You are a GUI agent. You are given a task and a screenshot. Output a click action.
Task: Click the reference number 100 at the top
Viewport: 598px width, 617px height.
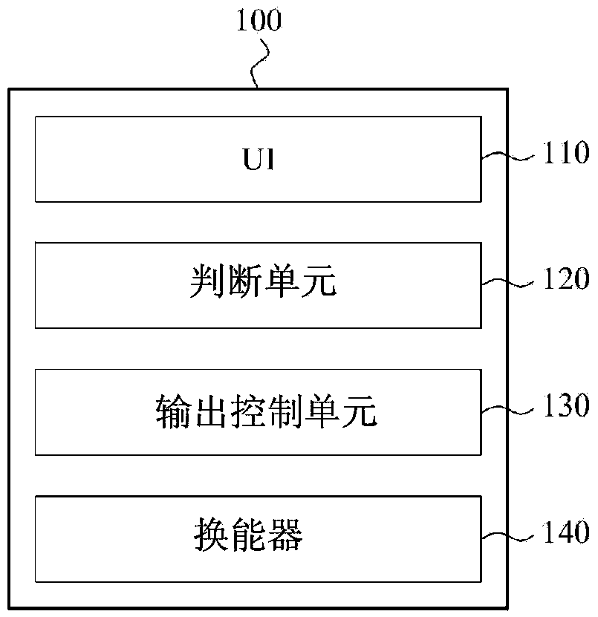259,21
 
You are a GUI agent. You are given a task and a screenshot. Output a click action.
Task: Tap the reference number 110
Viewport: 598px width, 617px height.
566,152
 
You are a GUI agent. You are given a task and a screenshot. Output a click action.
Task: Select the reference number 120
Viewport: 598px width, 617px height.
566,278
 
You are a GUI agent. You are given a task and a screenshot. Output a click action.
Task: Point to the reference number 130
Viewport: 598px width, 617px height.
566,405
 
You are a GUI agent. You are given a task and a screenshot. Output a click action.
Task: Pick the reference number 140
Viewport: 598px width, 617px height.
566,532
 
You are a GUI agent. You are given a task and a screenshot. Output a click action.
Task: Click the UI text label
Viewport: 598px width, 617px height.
259,160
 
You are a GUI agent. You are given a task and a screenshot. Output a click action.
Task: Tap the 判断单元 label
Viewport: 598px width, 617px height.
263,281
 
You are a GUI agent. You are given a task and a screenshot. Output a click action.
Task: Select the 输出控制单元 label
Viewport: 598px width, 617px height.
266,411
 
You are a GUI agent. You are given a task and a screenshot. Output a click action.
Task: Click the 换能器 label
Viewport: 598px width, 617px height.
248,535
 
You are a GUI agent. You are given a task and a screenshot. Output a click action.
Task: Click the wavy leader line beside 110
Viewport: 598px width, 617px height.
507,156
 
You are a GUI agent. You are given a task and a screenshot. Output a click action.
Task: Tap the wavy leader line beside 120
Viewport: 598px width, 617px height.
507,282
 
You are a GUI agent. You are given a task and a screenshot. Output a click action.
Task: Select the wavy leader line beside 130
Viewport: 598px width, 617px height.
507,409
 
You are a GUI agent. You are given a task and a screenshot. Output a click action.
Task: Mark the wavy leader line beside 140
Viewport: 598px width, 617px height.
507,536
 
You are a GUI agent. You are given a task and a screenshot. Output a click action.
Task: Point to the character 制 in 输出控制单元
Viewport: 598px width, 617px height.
285,411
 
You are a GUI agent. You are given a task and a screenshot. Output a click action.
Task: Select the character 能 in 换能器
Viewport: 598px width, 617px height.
249,535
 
